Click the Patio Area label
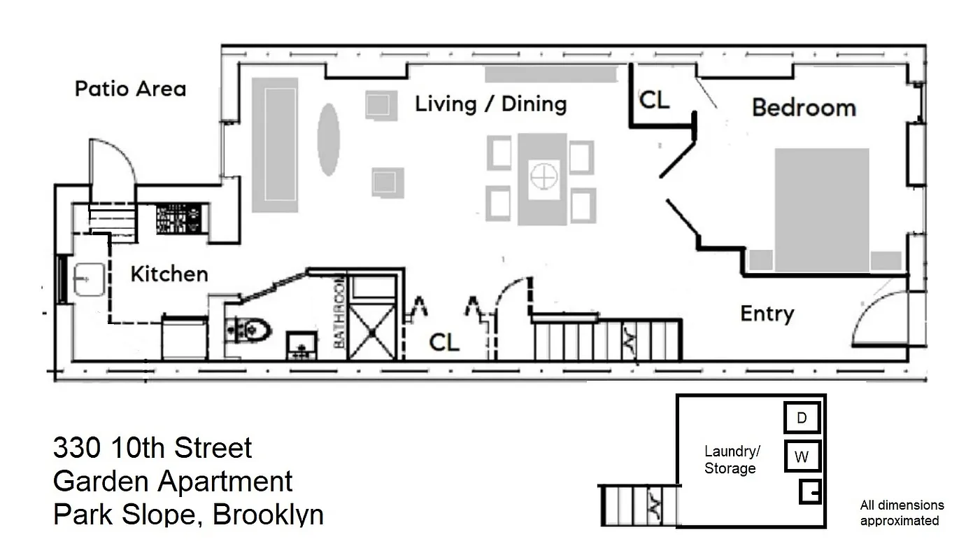pos(130,89)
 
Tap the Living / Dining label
pos(490,104)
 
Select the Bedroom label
pos(804,108)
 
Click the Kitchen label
pos(169,274)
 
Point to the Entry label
pos(767,314)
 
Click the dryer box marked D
pos(802,418)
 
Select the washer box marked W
pos(802,457)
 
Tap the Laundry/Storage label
pos(731,460)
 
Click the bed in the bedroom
pos(822,210)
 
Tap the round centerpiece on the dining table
pos(543,176)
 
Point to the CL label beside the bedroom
pos(654,100)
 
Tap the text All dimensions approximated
pos(902,512)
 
